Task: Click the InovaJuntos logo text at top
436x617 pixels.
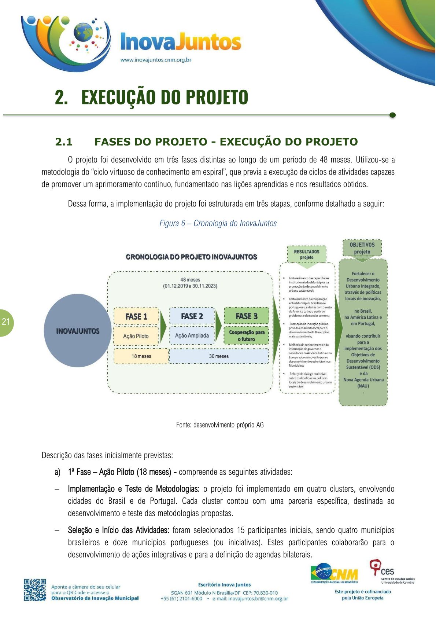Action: tap(181, 42)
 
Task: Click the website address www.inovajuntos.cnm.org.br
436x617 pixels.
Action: tap(156, 60)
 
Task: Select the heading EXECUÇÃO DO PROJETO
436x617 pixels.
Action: tap(164, 97)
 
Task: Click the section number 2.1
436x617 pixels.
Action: tap(64, 142)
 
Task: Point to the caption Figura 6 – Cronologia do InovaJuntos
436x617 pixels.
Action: tap(218, 223)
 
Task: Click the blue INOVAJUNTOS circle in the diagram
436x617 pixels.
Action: tap(78, 331)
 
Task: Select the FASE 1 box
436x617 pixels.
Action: tap(136, 316)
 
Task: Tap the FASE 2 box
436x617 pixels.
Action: tap(192, 316)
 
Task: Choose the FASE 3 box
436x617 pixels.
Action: tap(246, 316)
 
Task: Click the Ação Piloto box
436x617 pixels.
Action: tap(136, 336)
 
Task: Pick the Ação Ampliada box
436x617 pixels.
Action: tap(192, 335)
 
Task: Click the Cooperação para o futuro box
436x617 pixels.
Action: tap(246, 335)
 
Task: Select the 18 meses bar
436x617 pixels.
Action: tap(141, 356)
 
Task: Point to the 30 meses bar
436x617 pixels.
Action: tap(219, 356)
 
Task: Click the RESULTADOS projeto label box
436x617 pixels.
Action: tap(307, 254)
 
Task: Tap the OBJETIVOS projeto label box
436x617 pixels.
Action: tap(362, 248)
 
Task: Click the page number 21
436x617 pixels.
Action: tap(5, 322)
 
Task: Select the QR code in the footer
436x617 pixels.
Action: tap(35, 590)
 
